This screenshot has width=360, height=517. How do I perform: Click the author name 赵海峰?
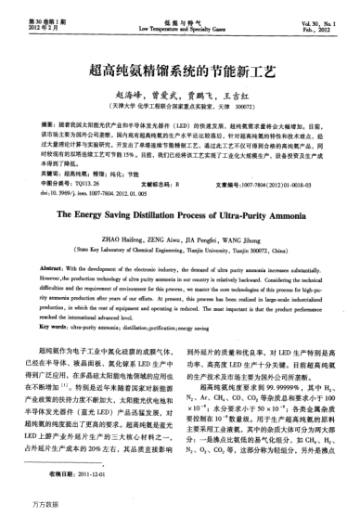tap(129, 95)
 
